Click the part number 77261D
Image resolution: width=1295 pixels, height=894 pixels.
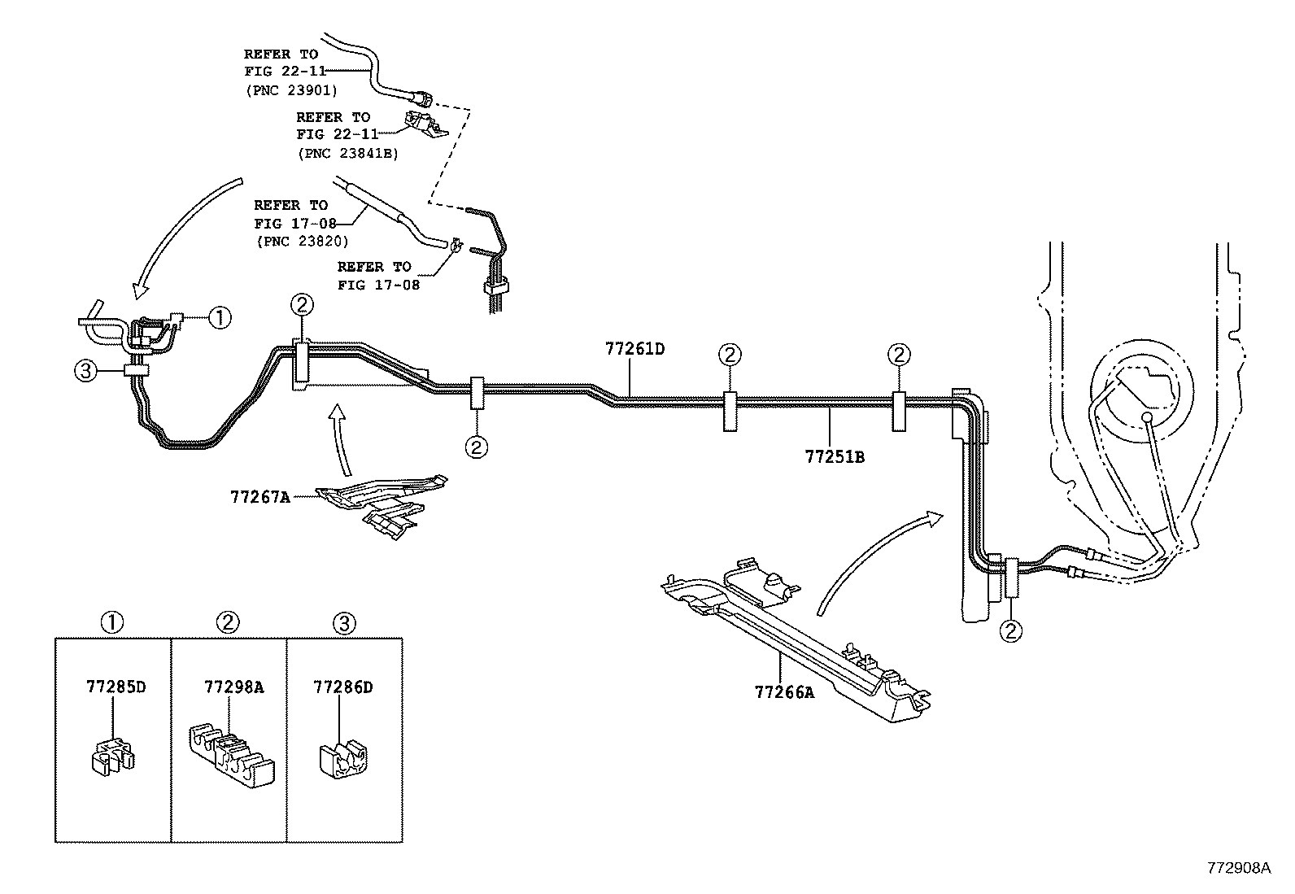[x=634, y=349]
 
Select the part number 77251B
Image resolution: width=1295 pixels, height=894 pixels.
[x=835, y=457]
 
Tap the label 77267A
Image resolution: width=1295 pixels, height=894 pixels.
[x=259, y=496]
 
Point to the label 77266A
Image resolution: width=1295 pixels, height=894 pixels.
[x=784, y=693]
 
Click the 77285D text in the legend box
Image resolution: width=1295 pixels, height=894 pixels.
[x=116, y=687]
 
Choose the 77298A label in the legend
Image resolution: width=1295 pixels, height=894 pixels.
[x=233, y=687]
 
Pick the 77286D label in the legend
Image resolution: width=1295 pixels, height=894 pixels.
[x=342, y=687]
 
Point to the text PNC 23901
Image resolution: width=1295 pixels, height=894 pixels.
[x=291, y=89]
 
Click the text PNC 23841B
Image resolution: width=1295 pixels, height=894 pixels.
[x=347, y=152]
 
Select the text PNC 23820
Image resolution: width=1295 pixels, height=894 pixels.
[x=302, y=241]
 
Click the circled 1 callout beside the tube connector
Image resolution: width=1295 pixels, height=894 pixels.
[x=220, y=317]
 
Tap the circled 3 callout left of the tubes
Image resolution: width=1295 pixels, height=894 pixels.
[x=85, y=372]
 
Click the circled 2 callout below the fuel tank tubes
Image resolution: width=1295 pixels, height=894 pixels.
[x=1012, y=630]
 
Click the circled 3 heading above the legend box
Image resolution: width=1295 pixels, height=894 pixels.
[x=343, y=623]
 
